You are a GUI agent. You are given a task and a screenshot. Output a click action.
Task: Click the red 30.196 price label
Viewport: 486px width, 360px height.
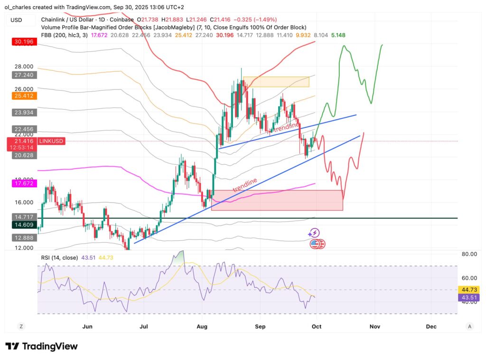pos(24,42)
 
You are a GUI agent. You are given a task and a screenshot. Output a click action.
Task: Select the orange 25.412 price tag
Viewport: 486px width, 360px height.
pos(24,96)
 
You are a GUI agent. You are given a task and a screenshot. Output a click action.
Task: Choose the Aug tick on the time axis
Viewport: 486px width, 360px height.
pos(203,327)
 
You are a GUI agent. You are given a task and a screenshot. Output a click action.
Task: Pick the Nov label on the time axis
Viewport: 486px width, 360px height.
pos(374,327)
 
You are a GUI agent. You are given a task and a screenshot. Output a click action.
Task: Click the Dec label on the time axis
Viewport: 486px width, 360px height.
pos(431,327)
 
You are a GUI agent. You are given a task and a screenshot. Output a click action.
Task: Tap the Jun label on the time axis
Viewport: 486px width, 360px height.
pos(87,327)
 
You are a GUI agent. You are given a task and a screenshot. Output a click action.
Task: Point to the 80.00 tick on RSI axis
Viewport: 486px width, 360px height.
pos(469,254)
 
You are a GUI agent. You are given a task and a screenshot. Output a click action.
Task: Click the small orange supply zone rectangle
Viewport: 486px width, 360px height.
pos(276,82)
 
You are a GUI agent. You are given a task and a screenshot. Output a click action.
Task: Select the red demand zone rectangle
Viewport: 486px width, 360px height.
pos(277,200)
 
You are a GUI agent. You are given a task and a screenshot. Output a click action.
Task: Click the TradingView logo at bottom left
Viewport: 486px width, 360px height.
pos(41,346)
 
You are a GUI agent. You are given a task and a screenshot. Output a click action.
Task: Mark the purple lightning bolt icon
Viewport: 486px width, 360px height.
pos(314,233)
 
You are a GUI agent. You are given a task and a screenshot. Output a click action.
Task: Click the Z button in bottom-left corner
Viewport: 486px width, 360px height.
pos(21,326)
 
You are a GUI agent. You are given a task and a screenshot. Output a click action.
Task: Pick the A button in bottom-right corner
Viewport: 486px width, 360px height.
pos(469,326)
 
